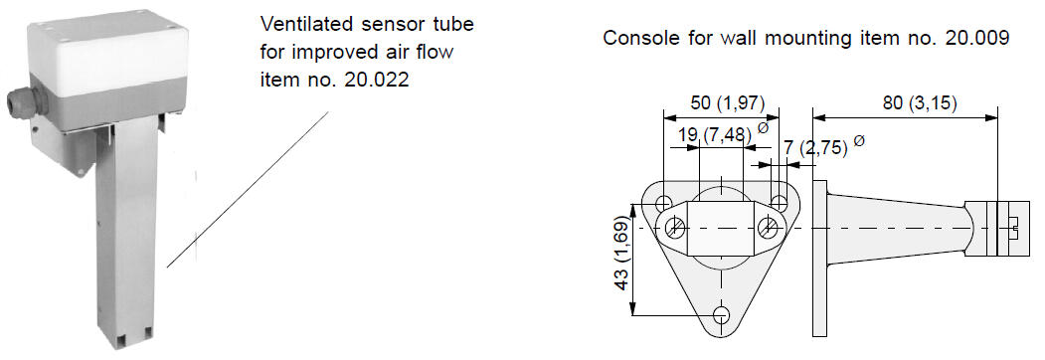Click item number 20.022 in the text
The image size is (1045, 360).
[x=376, y=80]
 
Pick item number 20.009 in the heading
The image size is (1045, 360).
[x=977, y=38]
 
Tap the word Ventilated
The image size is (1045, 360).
[x=307, y=24]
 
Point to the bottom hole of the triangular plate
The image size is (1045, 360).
[x=721, y=314]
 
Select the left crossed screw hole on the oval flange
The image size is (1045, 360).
[x=675, y=228]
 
